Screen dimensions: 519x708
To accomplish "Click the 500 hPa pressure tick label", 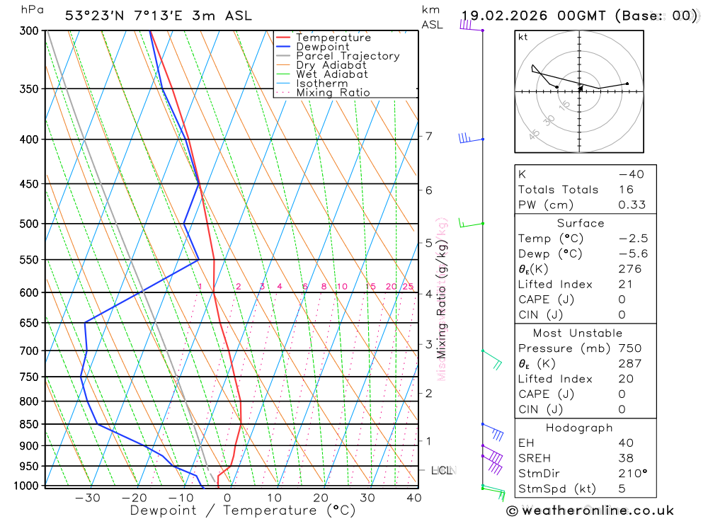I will click(28, 224).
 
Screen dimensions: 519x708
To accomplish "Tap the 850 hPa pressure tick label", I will click(28, 424).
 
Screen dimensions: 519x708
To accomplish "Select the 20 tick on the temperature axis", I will click(321, 498).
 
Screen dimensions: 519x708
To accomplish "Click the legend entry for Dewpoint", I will click(322, 47).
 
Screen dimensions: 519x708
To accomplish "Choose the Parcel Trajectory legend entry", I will click(348, 56).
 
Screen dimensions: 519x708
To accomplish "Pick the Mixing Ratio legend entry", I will click(333, 93).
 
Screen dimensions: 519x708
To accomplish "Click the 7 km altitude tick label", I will click(429, 136).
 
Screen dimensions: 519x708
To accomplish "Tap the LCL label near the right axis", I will click(441, 469).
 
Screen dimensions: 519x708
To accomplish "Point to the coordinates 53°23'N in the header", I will click(94, 16).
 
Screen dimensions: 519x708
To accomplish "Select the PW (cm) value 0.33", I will click(632, 205).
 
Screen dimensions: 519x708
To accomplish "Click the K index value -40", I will click(630, 174).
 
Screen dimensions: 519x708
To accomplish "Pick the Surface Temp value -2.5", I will click(633, 239).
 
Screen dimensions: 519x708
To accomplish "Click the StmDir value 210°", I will click(632, 473).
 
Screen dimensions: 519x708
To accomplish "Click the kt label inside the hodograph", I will click(523, 37).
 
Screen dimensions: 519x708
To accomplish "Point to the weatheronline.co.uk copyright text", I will click(590, 511).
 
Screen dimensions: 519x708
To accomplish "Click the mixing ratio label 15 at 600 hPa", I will click(370, 287).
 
